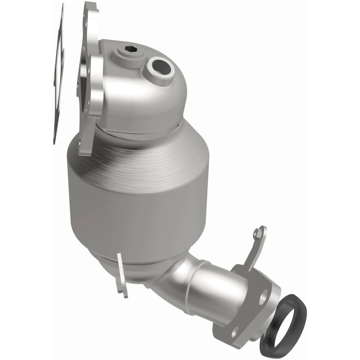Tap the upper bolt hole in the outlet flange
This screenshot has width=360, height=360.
tap(263, 295)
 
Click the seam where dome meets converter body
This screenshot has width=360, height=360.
tap(144, 130)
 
